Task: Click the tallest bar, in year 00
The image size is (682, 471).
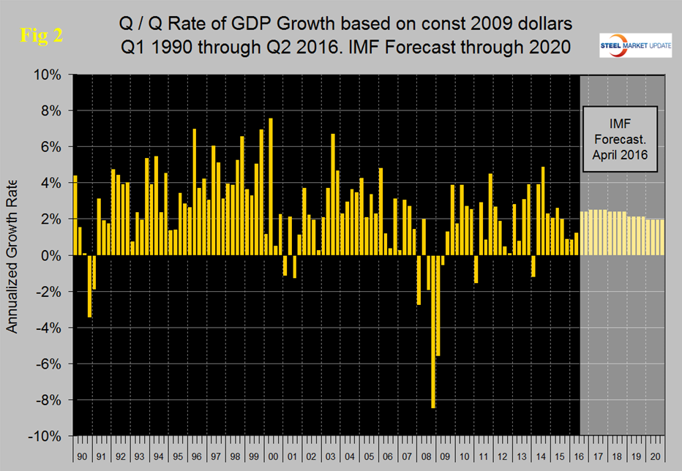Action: pos(271,186)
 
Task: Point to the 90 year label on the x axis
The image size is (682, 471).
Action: pos(82,455)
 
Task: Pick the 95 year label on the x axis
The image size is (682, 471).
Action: pos(178,455)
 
